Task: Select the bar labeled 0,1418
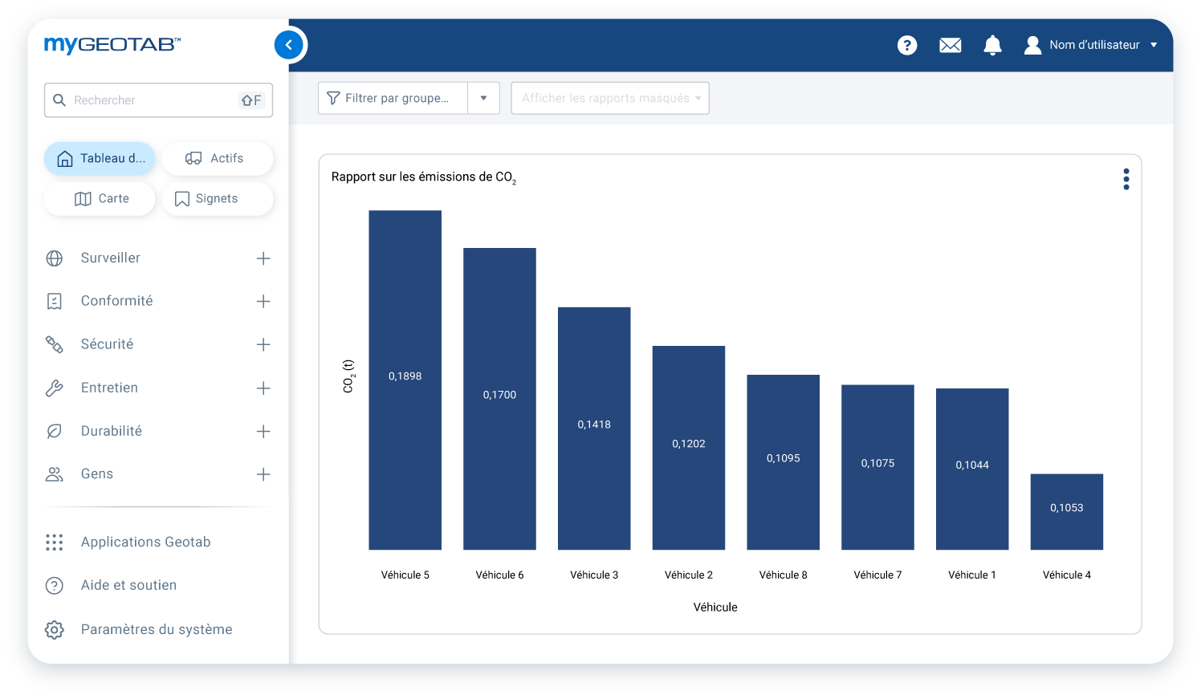[x=594, y=425]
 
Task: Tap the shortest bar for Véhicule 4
[x=1066, y=511]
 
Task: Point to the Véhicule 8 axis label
[x=783, y=575]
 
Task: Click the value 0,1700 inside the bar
[x=499, y=395]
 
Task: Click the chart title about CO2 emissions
[x=423, y=177]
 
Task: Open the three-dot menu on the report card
[x=1126, y=179]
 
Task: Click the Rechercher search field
[x=153, y=100]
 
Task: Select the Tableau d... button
[x=100, y=159]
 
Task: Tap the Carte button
[x=100, y=199]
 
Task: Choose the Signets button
[x=217, y=199]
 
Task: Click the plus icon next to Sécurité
[x=263, y=344]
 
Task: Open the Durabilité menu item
[x=112, y=431]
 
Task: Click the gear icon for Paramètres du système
[x=55, y=630]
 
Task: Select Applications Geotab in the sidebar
[x=145, y=543]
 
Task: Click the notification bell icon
[x=992, y=45]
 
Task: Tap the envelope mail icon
[x=950, y=45]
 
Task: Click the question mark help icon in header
[x=907, y=45]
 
